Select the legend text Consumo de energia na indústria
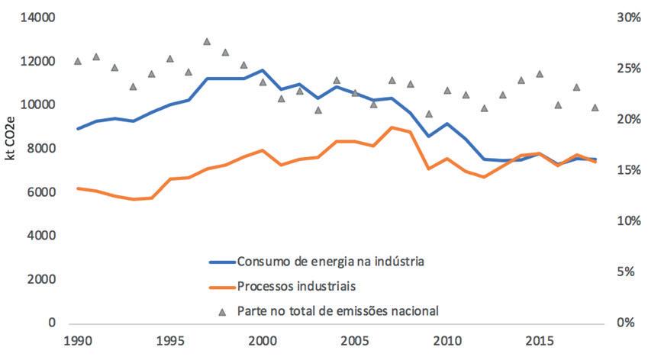pyautogui.click(x=330, y=262)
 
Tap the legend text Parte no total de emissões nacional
pyautogui.click(x=337, y=310)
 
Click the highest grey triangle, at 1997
pyautogui.click(x=207, y=41)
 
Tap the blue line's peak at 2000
pyautogui.click(x=263, y=70)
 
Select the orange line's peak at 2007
pyautogui.click(x=392, y=127)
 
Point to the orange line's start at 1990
pyautogui.click(x=78, y=188)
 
